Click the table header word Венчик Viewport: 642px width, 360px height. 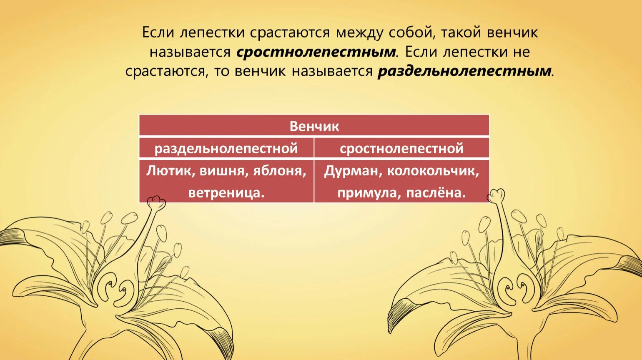point(314,126)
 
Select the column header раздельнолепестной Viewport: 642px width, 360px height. point(226,148)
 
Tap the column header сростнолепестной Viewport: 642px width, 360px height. point(401,148)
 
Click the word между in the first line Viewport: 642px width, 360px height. point(359,32)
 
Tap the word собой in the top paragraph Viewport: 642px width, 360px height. point(411,32)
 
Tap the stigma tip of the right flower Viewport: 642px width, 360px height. point(496,195)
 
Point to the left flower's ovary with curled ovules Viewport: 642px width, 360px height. point(116,287)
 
